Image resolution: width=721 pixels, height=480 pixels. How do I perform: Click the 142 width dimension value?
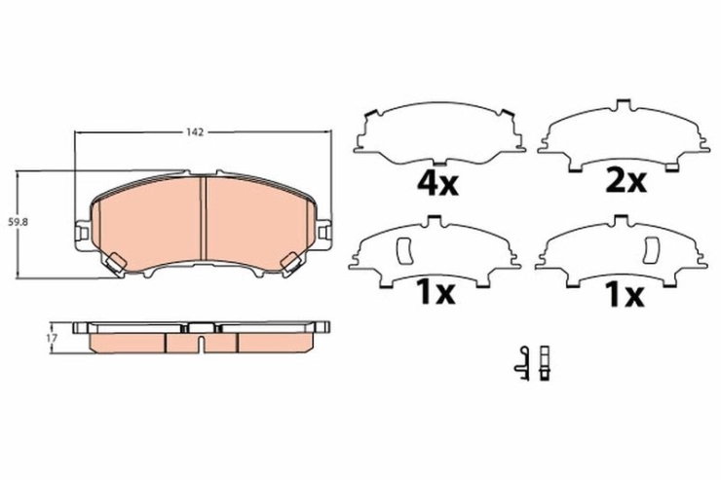click(195, 132)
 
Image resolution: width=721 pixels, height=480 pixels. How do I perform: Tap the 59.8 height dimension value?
click(19, 222)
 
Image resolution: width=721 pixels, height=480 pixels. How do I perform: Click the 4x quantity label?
click(437, 184)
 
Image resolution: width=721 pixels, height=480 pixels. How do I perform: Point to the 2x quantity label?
click(626, 182)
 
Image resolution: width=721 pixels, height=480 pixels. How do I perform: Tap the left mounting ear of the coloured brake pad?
click(82, 234)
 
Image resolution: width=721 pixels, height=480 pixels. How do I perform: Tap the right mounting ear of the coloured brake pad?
click(323, 234)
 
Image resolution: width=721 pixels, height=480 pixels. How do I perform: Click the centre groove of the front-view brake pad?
click(203, 218)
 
